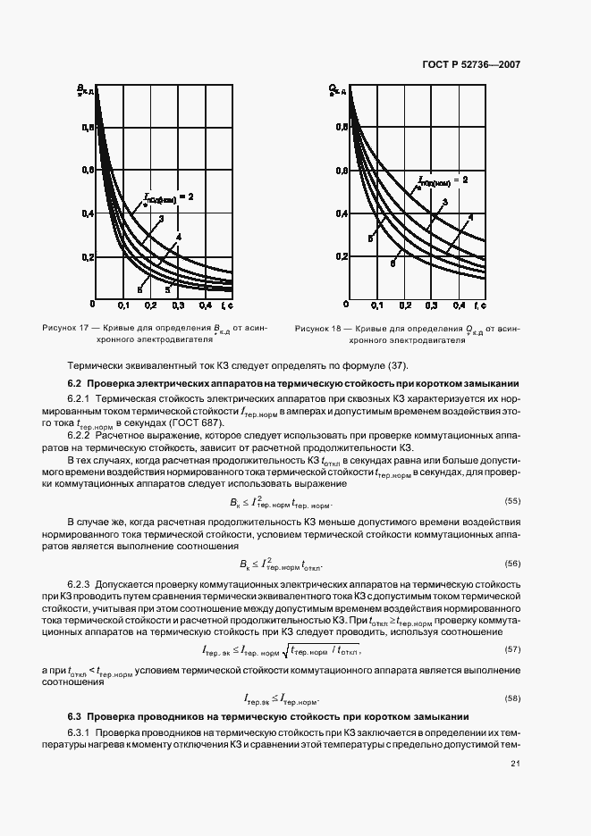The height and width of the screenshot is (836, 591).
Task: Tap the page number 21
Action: (x=515, y=763)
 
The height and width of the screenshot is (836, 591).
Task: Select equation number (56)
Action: (x=512, y=564)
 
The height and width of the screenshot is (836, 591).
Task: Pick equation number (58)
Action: (x=512, y=698)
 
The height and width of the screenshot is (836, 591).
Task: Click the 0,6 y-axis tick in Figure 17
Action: (x=88, y=170)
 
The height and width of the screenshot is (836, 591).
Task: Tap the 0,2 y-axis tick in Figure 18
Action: (x=342, y=256)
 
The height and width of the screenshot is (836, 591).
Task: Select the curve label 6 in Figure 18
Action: (x=392, y=264)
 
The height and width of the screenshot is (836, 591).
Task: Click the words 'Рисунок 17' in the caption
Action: (x=63, y=328)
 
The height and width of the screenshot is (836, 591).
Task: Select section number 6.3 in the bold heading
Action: (x=75, y=716)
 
